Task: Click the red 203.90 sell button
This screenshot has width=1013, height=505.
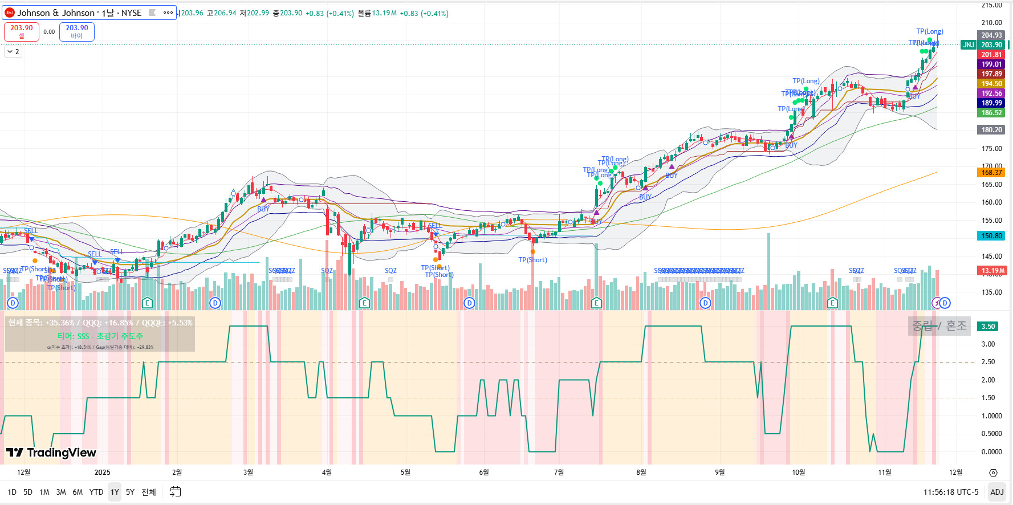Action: [21, 31]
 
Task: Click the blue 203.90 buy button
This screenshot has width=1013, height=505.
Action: [76, 31]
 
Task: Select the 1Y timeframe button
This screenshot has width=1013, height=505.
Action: [115, 492]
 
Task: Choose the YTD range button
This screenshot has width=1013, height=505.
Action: [96, 492]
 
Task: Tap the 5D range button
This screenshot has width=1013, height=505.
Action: [28, 492]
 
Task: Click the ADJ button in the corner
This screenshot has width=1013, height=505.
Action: [996, 492]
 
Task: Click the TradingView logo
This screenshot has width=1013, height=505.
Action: [51, 453]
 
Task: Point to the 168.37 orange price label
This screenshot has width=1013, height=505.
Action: [991, 173]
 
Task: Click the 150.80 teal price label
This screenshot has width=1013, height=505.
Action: [991, 236]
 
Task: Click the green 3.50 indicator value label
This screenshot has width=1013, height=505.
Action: [988, 327]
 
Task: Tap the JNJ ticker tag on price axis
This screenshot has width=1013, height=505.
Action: [968, 45]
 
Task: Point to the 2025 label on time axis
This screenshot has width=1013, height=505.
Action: [103, 472]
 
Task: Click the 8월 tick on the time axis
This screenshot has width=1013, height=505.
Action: [641, 472]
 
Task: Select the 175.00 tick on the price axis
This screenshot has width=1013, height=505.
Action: [991, 149]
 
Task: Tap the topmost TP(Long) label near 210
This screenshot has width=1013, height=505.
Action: [929, 31]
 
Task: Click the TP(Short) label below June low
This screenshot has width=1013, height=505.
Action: [532, 260]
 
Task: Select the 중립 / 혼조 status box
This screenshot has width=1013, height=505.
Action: [939, 326]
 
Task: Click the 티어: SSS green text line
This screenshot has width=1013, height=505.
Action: [100, 336]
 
